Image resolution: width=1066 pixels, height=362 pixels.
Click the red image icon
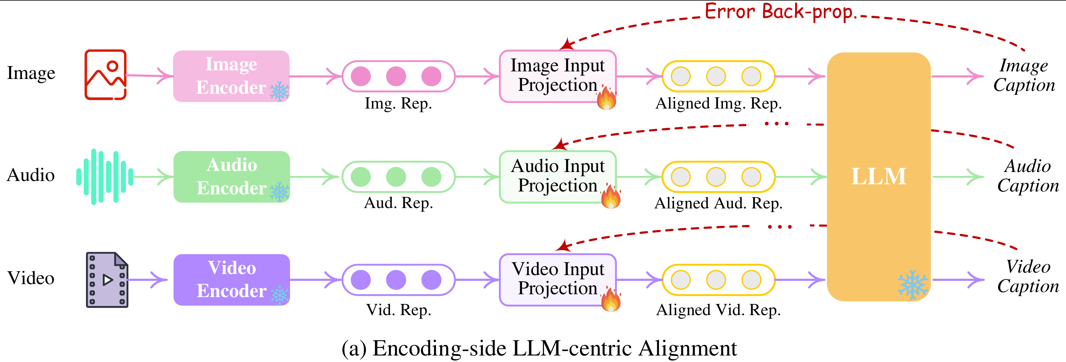pyautogui.click(x=106, y=75)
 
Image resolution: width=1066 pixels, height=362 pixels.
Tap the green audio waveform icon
pyautogui.click(x=105, y=177)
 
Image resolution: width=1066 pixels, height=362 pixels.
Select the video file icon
pyautogui.click(x=107, y=280)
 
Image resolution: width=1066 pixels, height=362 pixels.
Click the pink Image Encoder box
pyautogui.click(x=231, y=76)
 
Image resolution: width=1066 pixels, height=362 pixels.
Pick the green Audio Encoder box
pyautogui.click(x=231, y=177)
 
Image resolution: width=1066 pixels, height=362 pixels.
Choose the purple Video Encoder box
pyautogui.click(x=231, y=280)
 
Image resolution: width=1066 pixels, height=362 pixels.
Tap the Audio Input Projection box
pyautogui.click(x=557, y=176)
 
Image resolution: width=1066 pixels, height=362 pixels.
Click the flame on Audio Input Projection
pyautogui.click(x=611, y=197)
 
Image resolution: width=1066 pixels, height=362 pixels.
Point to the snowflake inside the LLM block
pyautogui.click(x=912, y=284)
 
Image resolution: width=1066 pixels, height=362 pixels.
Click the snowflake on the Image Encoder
pyautogui.click(x=280, y=92)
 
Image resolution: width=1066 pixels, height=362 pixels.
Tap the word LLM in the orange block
pyautogui.click(x=878, y=176)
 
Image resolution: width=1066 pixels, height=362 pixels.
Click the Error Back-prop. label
pyautogui.click(x=779, y=12)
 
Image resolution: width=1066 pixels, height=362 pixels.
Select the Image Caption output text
pyautogui.click(x=1024, y=75)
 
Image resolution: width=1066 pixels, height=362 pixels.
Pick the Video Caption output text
pyautogui.click(x=1028, y=276)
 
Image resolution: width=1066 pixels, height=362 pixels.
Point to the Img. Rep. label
pyautogui.click(x=398, y=103)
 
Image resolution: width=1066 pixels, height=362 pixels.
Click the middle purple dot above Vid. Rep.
pyautogui.click(x=396, y=280)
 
